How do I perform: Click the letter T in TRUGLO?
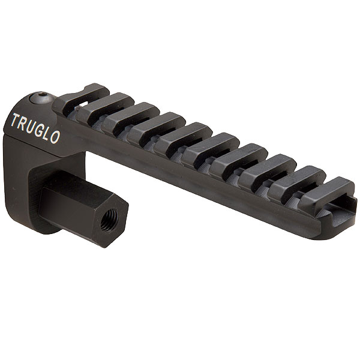16,120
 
